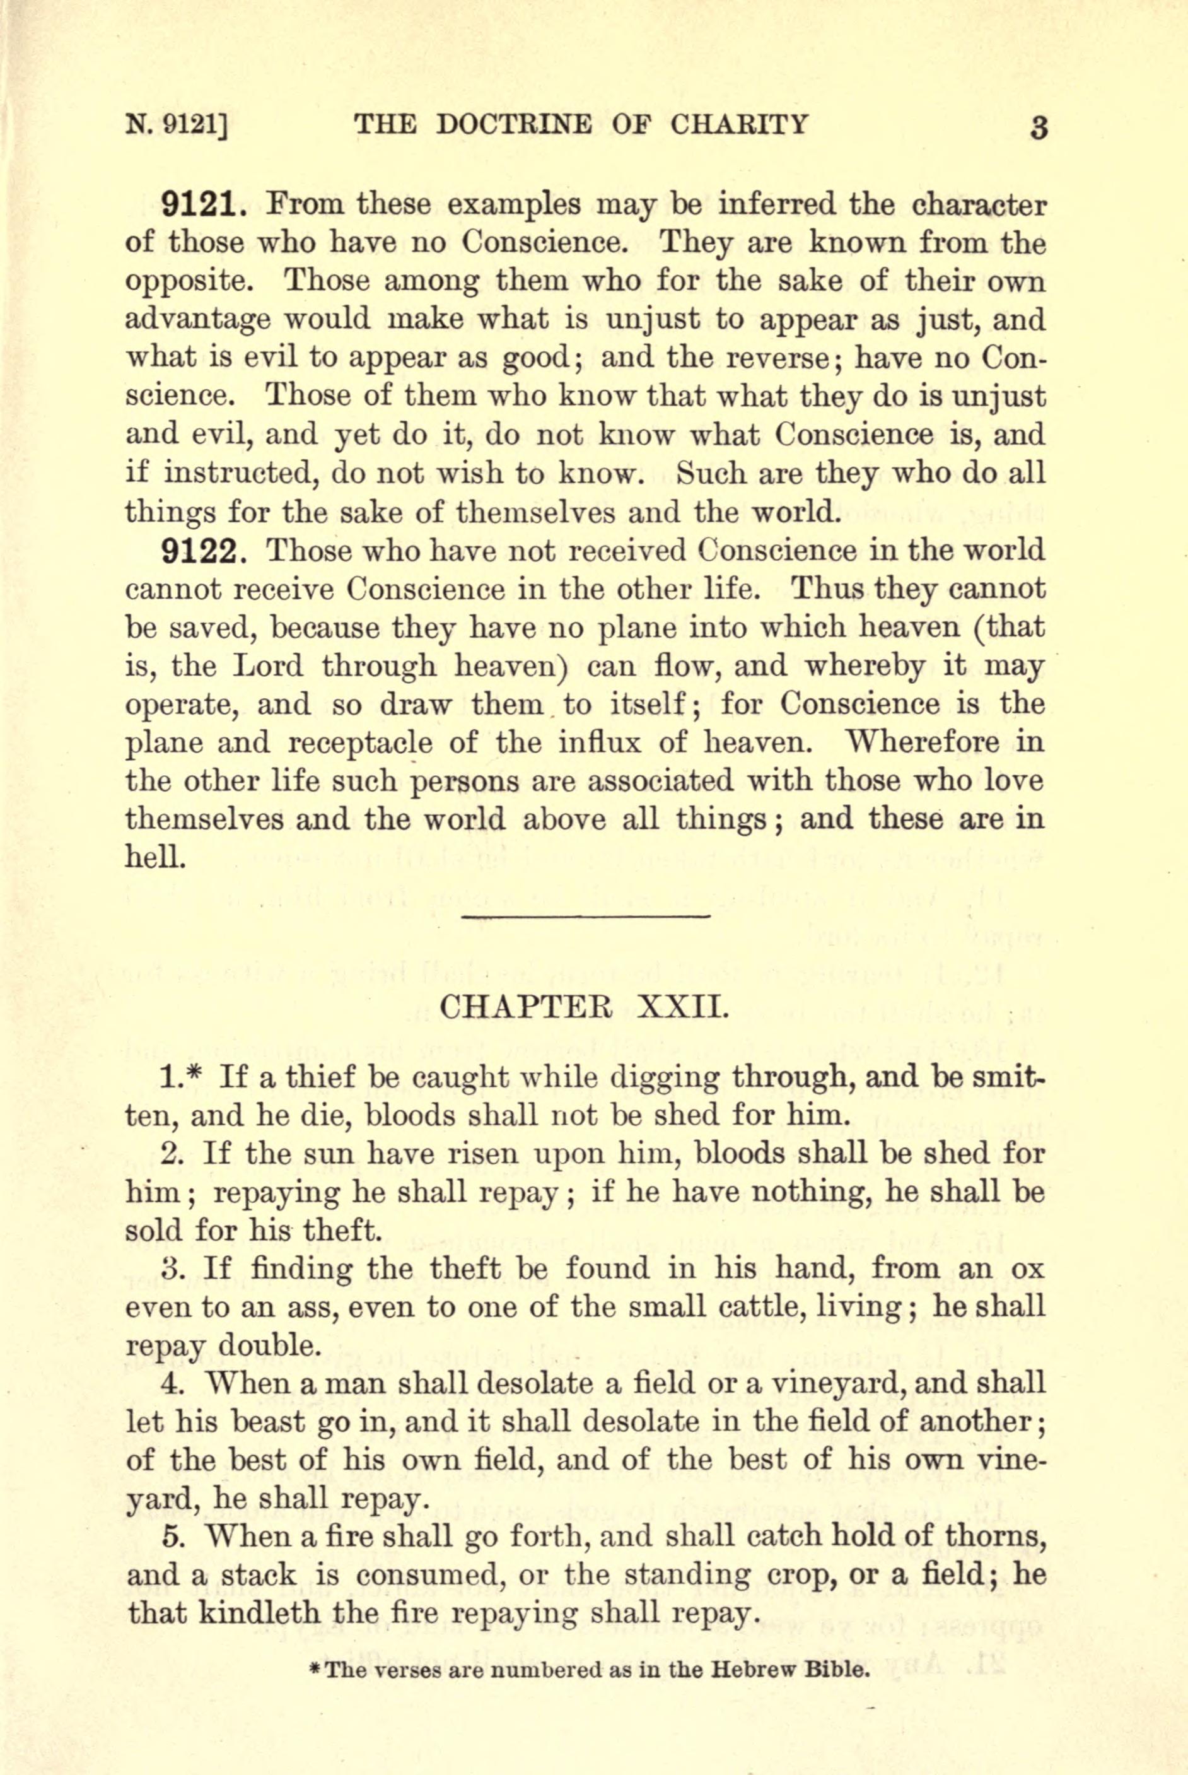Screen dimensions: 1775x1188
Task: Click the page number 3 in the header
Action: [x=1039, y=127]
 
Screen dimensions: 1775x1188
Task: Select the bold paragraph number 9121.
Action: [x=203, y=204]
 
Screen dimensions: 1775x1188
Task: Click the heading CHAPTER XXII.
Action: [x=584, y=1008]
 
